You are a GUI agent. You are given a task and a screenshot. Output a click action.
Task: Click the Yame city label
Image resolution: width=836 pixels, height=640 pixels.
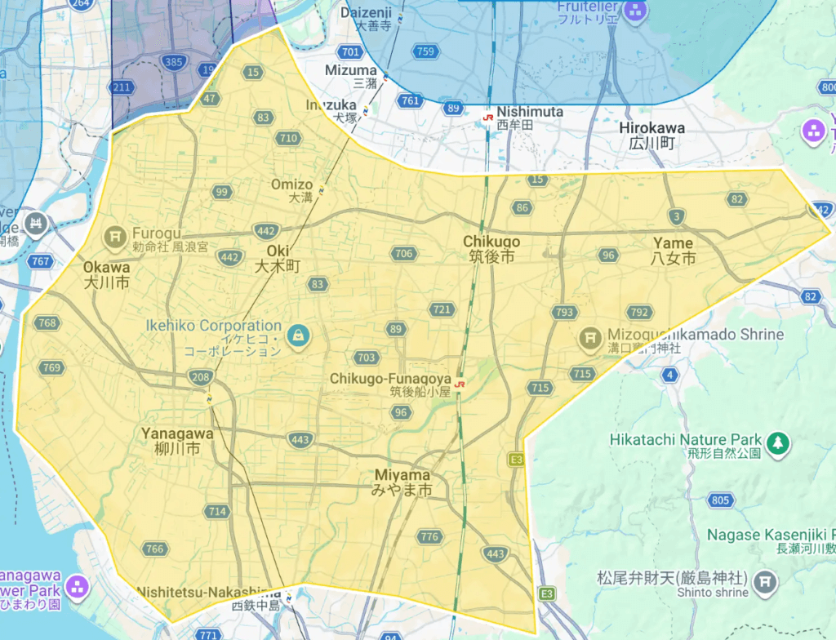click(674, 251)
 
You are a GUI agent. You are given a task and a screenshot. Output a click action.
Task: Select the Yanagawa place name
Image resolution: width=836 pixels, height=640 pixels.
click(177, 442)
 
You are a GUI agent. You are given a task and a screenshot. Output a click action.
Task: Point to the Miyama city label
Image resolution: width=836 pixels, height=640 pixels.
click(402, 482)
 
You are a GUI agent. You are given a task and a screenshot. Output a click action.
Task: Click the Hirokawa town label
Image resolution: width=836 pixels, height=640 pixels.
click(651, 136)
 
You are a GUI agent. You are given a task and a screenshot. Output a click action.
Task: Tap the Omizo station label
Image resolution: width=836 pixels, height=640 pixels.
click(291, 191)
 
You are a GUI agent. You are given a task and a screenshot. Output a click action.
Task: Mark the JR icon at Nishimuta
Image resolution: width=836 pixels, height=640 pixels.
click(487, 118)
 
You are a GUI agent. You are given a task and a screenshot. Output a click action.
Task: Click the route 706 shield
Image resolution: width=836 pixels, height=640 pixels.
click(403, 254)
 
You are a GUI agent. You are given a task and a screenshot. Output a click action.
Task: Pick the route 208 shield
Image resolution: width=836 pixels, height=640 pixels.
click(200, 377)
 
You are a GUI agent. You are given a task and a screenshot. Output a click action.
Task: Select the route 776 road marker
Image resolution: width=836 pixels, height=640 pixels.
click(429, 536)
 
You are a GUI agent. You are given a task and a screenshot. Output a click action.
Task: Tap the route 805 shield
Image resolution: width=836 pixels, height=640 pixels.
click(721, 500)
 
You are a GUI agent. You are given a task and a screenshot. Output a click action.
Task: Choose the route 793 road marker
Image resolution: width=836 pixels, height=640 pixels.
click(563, 313)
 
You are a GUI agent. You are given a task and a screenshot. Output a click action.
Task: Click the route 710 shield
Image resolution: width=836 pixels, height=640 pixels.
click(287, 139)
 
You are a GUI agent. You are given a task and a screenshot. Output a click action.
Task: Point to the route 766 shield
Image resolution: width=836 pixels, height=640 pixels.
click(154, 549)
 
